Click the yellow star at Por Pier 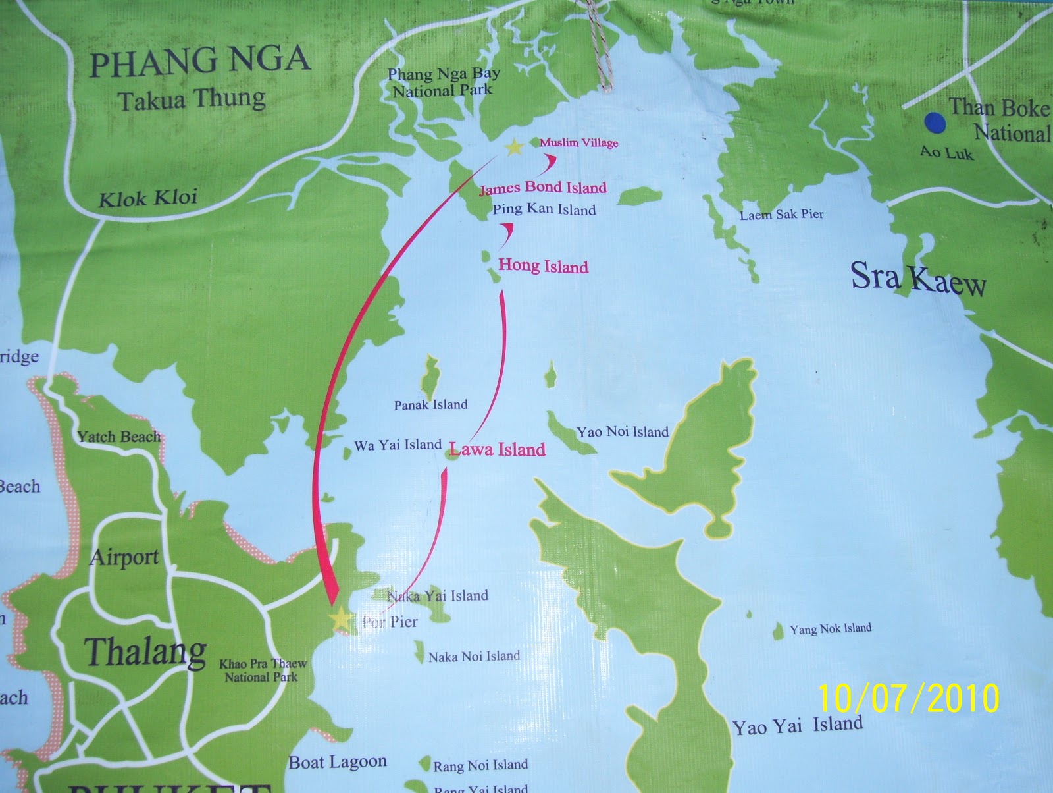coord(341,618)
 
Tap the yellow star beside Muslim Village coord(513,146)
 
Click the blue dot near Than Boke coord(935,122)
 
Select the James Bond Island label coord(543,188)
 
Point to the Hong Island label coord(543,266)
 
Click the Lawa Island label coord(498,450)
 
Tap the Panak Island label coord(430,404)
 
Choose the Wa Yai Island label coord(398,445)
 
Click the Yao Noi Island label coord(623,432)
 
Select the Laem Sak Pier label coord(781,214)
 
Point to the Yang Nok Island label coord(831,629)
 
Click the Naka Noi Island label coord(474,656)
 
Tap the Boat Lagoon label coord(338,763)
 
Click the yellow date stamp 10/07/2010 coord(909,698)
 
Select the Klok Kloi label coord(148,198)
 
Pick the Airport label coord(124,557)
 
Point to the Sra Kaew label coord(918,278)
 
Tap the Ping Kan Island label coord(544,210)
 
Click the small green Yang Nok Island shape coord(779,631)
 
